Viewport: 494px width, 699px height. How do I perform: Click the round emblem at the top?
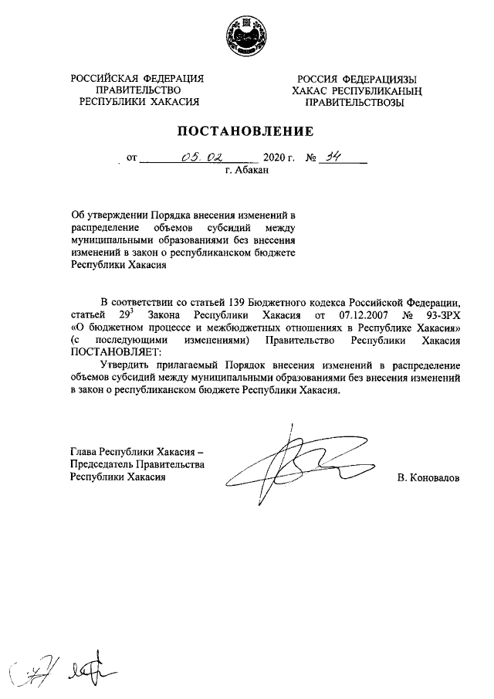coord(246,35)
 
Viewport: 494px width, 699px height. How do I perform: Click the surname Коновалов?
coord(428,479)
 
